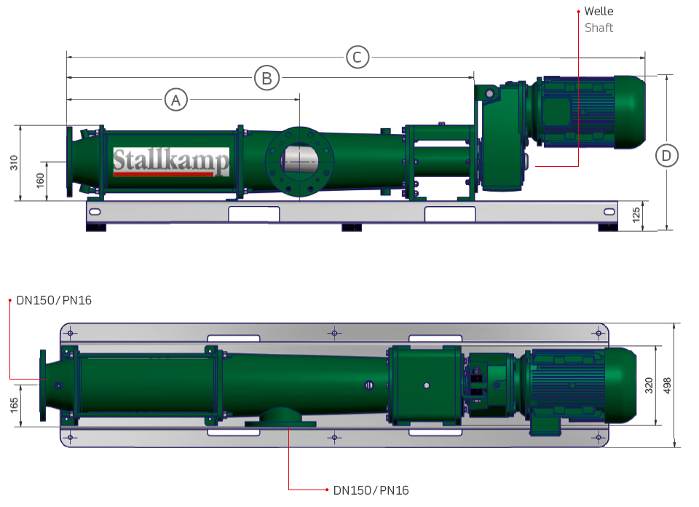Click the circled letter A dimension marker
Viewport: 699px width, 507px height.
tap(175, 99)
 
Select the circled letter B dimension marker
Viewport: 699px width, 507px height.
tap(267, 77)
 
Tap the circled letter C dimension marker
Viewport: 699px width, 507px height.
tap(358, 56)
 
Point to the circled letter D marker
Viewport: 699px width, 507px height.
tap(667, 155)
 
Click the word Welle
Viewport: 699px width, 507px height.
tap(599, 12)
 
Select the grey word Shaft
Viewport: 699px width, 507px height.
tap(599, 28)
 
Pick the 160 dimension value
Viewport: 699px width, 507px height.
tap(39, 180)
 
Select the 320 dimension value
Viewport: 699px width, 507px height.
tap(649, 385)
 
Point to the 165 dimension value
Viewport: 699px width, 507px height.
tap(15, 404)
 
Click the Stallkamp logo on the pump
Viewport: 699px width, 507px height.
tap(170, 162)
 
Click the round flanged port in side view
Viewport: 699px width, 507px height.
tap(299, 161)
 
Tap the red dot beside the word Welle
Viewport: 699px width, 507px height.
tap(578, 12)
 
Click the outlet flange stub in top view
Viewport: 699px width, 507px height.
tap(280, 418)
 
